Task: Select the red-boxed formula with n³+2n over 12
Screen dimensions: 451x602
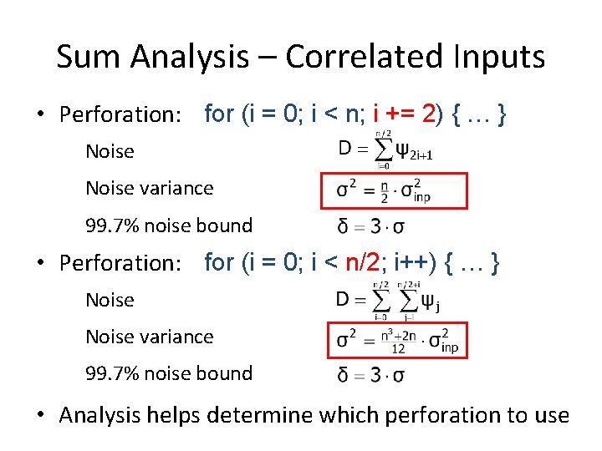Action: pyautogui.click(x=396, y=340)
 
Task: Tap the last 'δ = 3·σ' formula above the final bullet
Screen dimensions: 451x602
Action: pyautogui.click(x=370, y=375)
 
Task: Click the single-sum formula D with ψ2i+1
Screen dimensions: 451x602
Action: pyautogui.click(x=385, y=150)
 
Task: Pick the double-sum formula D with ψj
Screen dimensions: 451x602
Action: pyautogui.click(x=385, y=301)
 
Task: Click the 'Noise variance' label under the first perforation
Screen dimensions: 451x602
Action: pyautogui.click(x=149, y=189)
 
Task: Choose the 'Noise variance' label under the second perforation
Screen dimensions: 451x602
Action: pyautogui.click(x=149, y=337)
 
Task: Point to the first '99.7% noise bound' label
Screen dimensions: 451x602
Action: pyautogui.click(x=168, y=225)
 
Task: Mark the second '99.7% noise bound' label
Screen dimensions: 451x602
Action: pyautogui.click(x=168, y=374)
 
